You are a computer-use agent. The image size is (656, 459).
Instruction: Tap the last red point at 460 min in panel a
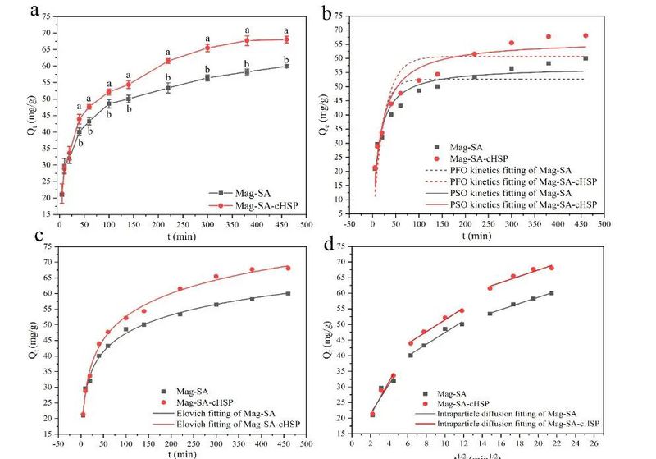coord(286,39)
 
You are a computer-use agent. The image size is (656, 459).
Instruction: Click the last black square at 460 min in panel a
coord(286,66)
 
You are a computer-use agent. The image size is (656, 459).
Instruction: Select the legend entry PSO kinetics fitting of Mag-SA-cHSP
coord(518,203)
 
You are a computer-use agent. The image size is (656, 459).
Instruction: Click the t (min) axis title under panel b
coord(475,235)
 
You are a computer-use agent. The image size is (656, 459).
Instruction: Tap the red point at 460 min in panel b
coord(585,35)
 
